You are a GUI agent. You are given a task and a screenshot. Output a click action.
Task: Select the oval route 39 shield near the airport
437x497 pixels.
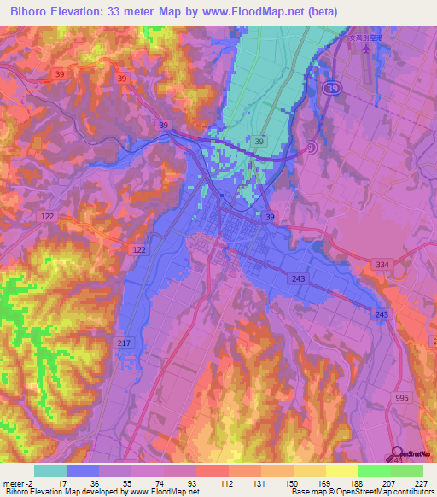click(333, 88)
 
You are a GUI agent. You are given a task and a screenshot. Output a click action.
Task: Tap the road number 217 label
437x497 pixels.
click(123, 342)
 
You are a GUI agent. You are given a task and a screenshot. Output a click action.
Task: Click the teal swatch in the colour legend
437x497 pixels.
click(50, 471)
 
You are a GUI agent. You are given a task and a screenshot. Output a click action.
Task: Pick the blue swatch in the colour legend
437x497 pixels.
click(82, 471)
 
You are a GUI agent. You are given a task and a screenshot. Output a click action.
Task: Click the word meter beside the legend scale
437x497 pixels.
click(16, 482)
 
